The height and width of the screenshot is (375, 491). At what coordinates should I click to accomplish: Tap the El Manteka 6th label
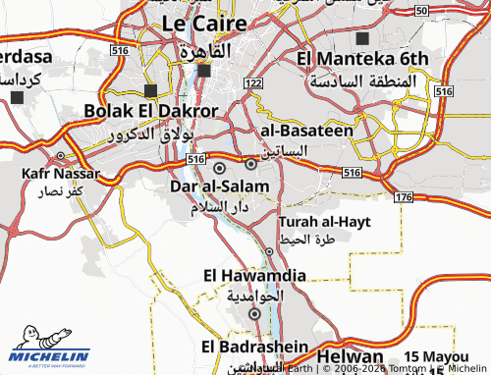tap(363, 59)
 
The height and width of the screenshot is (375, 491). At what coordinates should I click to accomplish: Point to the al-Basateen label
tap(304, 130)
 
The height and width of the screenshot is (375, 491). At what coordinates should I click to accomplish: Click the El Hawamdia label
tap(255, 276)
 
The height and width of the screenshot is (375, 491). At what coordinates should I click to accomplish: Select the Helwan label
tap(350, 352)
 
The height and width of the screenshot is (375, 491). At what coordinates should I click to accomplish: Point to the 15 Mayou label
tap(437, 355)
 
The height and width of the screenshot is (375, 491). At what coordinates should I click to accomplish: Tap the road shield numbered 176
tap(404, 197)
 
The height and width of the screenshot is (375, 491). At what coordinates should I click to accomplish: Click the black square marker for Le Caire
tap(204, 71)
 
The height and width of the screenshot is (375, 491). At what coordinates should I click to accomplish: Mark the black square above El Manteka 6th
tap(363, 38)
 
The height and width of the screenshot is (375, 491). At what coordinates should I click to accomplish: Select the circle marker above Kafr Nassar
tap(61, 156)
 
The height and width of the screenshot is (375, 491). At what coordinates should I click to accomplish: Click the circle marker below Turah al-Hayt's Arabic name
tap(269, 251)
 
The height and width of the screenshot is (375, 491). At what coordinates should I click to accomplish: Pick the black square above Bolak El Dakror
tap(150, 89)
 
